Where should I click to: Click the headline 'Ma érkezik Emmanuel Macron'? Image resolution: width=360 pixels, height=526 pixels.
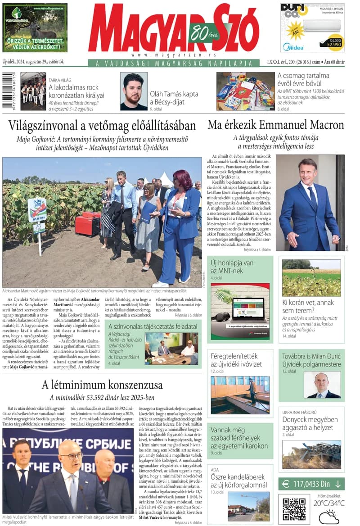point(275,125)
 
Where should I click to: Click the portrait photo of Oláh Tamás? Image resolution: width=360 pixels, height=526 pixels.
point(134,91)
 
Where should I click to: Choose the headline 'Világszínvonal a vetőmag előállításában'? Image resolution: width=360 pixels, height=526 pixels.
point(102,125)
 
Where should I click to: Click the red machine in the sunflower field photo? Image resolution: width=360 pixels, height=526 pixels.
point(87,223)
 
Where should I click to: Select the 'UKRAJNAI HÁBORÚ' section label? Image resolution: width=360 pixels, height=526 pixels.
point(301,412)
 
